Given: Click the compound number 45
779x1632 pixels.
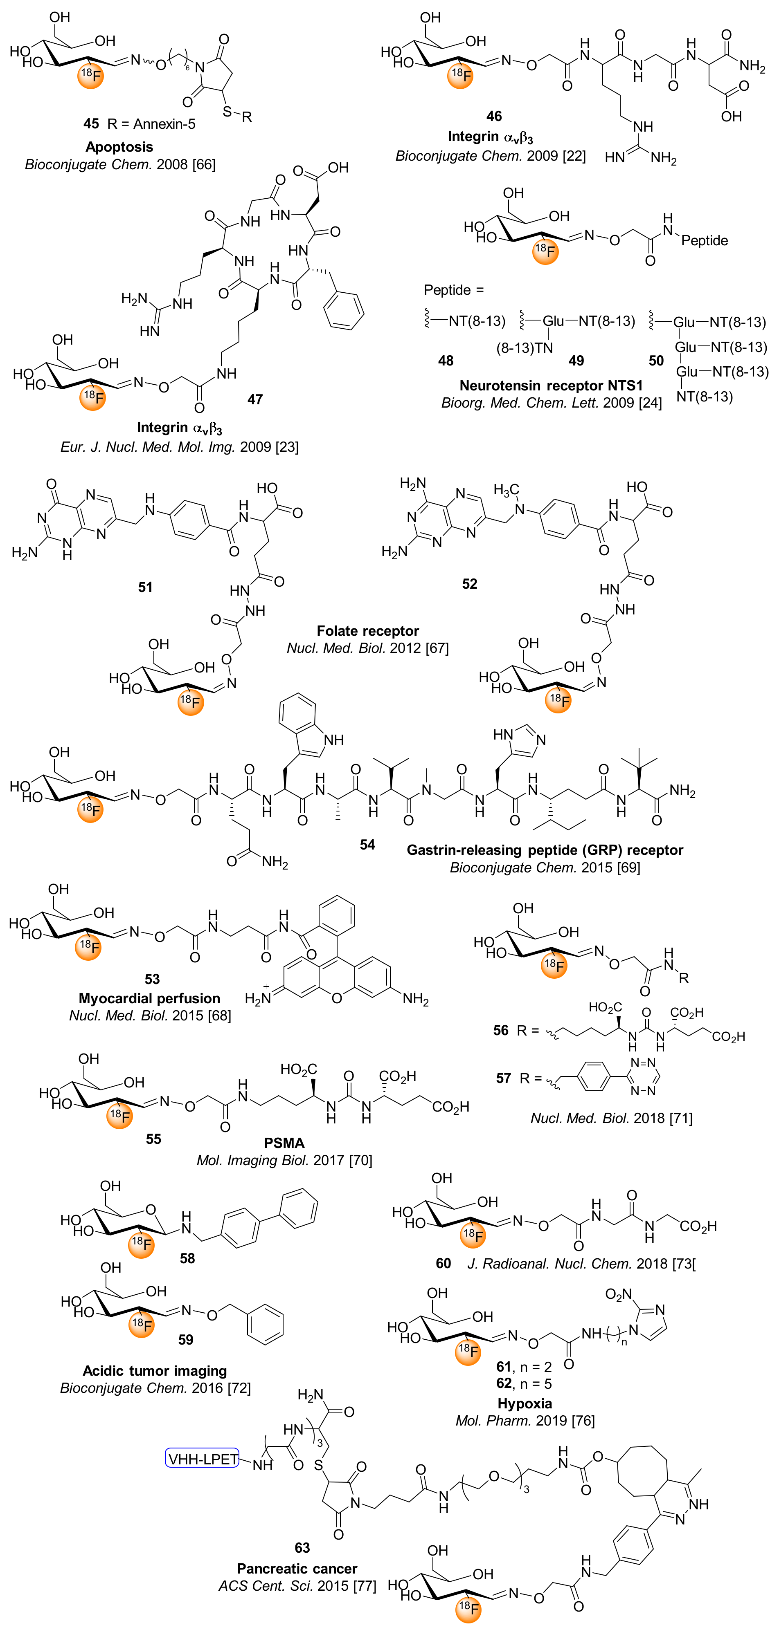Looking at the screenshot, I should (x=91, y=123).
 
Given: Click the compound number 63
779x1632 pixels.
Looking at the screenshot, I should (x=302, y=1548).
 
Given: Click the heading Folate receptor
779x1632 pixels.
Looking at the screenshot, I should (x=368, y=631).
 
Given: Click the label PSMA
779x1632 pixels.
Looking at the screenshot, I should (x=284, y=1143).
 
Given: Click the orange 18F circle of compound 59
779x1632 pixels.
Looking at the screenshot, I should (x=141, y=1324).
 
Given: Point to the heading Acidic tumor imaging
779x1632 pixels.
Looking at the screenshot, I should (x=155, y=1370).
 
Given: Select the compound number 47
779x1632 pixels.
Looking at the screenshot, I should (x=255, y=399).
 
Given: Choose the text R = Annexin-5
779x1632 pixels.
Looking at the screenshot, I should (x=151, y=123).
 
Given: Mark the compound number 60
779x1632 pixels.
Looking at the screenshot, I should (x=443, y=1263).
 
